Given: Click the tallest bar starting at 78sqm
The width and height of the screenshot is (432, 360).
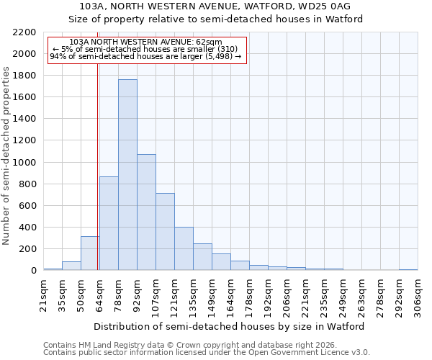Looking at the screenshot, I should (127, 175).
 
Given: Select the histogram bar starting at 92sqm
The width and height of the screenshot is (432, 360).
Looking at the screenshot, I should (146, 212).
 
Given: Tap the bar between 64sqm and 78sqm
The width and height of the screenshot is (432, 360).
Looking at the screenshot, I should (109, 223).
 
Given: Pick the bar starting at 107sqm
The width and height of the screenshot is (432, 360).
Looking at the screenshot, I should (165, 232).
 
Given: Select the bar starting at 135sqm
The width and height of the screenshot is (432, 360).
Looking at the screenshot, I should (202, 257).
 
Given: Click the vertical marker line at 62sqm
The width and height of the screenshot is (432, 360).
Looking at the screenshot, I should (97, 180).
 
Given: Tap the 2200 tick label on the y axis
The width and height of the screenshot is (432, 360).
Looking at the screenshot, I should (24, 32).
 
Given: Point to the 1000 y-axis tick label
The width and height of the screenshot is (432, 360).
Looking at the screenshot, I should (24, 163).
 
